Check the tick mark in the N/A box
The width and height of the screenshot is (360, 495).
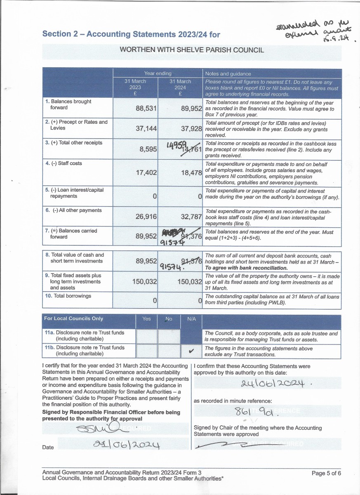click(x=191, y=351)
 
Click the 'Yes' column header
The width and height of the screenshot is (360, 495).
click(x=146, y=319)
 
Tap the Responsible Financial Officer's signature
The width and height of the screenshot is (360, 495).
click(x=99, y=429)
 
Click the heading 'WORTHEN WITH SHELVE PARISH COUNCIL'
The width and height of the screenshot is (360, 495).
click(x=192, y=50)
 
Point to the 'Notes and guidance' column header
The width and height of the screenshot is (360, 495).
click(x=228, y=73)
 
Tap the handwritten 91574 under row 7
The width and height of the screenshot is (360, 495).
click(x=173, y=243)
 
